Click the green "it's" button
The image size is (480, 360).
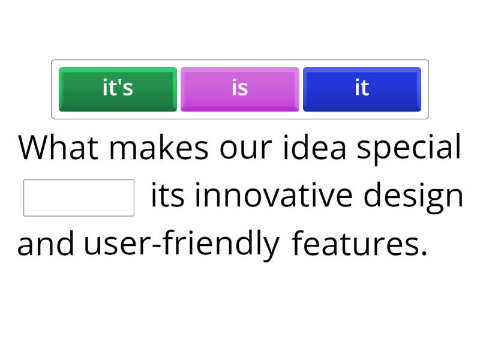[x=118, y=89]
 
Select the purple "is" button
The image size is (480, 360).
[x=239, y=89]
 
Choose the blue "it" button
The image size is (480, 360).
[x=362, y=89]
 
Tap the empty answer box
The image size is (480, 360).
[x=79, y=197]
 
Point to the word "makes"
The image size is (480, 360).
[x=158, y=148]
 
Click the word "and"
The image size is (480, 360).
[x=46, y=244]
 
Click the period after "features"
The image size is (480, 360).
[x=424, y=253]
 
